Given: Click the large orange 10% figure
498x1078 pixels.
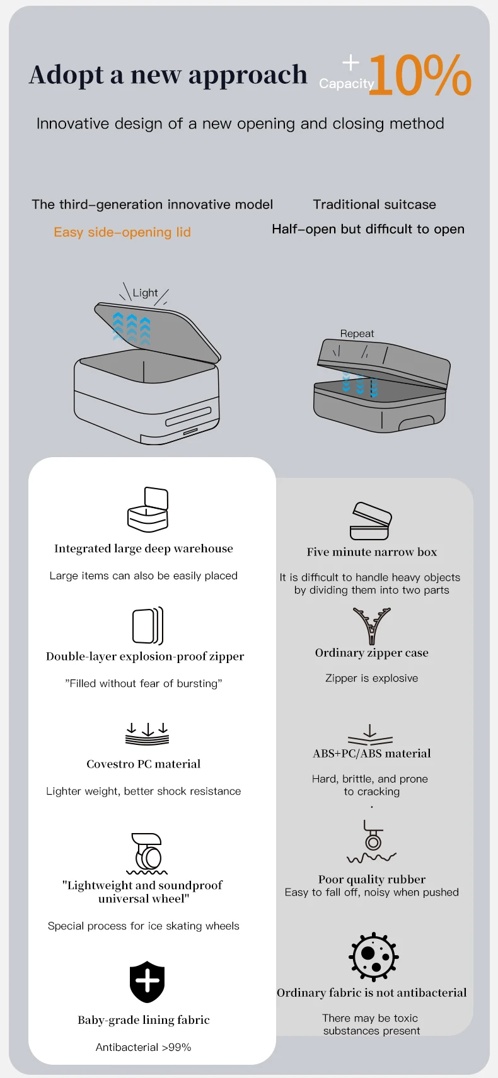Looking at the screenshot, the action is pyautogui.click(x=419, y=76).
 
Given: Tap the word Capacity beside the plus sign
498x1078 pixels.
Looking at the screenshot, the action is pyautogui.click(x=346, y=83).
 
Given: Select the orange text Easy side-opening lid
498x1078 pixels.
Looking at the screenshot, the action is pyautogui.click(x=122, y=232).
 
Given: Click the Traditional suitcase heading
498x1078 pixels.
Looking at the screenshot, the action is pyautogui.click(x=374, y=205).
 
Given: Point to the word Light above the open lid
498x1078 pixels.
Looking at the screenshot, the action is pyautogui.click(x=145, y=293).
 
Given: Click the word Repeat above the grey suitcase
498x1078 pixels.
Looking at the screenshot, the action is pyautogui.click(x=357, y=334).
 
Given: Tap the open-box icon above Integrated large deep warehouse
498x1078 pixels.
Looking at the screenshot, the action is pyautogui.click(x=148, y=509).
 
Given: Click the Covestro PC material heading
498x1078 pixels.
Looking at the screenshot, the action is pyautogui.click(x=143, y=764).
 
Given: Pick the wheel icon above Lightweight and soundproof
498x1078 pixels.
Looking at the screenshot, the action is pyautogui.click(x=147, y=853).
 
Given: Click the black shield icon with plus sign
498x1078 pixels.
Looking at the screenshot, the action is pyautogui.click(x=147, y=982).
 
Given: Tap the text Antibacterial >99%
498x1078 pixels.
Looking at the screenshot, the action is pyautogui.click(x=143, y=1047).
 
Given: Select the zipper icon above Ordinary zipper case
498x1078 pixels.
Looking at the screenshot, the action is pyautogui.click(x=372, y=626).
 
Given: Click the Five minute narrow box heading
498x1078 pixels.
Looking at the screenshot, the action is pyautogui.click(x=372, y=552).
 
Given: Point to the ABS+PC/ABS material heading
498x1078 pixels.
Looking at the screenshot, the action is pyautogui.click(x=372, y=754).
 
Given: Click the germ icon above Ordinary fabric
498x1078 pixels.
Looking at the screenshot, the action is pyautogui.click(x=373, y=956).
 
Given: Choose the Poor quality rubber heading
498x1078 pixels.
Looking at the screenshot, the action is pyautogui.click(x=372, y=879).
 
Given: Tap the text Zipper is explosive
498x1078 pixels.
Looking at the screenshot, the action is pyautogui.click(x=372, y=678).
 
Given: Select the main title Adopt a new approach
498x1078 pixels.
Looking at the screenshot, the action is pyautogui.click(x=168, y=75).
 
